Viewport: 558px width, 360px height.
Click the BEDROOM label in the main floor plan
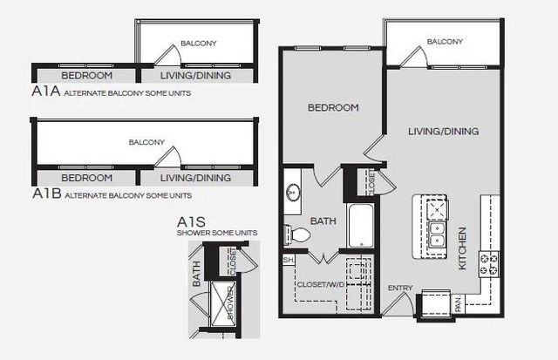click(333, 108)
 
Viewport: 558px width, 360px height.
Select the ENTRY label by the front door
click(399, 287)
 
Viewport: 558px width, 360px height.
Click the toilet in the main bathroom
click(296, 234)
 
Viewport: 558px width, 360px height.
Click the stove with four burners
click(488, 260)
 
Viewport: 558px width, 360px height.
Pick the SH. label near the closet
click(288, 260)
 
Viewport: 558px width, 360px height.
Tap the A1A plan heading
click(44, 91)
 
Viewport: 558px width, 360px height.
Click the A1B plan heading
click(45, 194)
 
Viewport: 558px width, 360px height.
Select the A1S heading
click(192, 222)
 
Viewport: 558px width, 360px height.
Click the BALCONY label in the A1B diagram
click(146, 142)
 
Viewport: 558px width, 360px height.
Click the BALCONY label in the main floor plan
click(444, 42)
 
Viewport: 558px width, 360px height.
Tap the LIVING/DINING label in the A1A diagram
click(197, 75)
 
